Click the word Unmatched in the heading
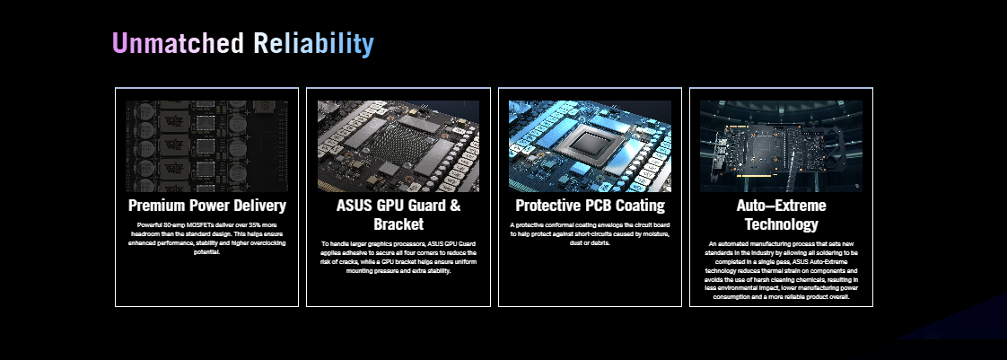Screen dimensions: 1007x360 tap(178, 44)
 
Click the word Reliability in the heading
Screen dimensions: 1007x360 tap(313, 44)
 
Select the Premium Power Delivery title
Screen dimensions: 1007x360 tap(206, 206)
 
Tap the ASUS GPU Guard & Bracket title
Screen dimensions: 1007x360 tap(398, 215)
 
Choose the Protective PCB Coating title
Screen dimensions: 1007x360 tap(591, 206)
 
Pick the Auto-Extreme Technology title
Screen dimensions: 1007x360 tap(781, 215)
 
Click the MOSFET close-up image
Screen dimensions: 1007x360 tap(206, 146)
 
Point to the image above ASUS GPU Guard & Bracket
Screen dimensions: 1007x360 tap(398, 146)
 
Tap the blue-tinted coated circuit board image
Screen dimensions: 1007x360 tap(591, 146)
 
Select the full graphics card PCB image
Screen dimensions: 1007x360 tap(781, 146)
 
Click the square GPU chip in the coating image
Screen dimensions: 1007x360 tap(590, 144)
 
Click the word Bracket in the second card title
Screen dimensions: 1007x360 tap(398, 224)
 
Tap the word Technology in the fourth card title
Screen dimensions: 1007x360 tap(781, 224)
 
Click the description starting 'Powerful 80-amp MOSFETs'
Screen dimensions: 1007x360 tap(206, 239)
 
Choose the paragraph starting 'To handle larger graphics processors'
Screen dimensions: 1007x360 tap(398, 257)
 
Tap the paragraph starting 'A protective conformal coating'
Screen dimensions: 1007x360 tap(591, 234)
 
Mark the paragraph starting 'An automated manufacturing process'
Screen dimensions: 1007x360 tap(781, 270)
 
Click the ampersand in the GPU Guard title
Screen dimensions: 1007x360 tap(455, 206)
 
